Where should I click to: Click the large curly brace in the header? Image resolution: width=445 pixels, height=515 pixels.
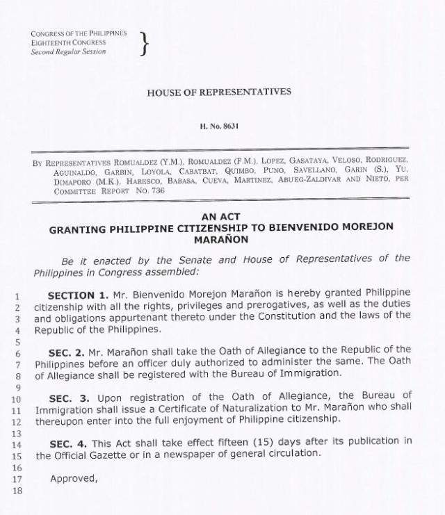click(x=144, y=43)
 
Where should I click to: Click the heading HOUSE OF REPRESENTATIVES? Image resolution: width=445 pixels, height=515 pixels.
click(x=219, y=92)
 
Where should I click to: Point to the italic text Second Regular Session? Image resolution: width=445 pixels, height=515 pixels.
click(x=68, y=52)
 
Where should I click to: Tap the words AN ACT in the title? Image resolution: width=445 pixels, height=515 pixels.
click(x=220, y=217)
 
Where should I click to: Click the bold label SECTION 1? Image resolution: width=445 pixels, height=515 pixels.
click(x=79, y=295)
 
